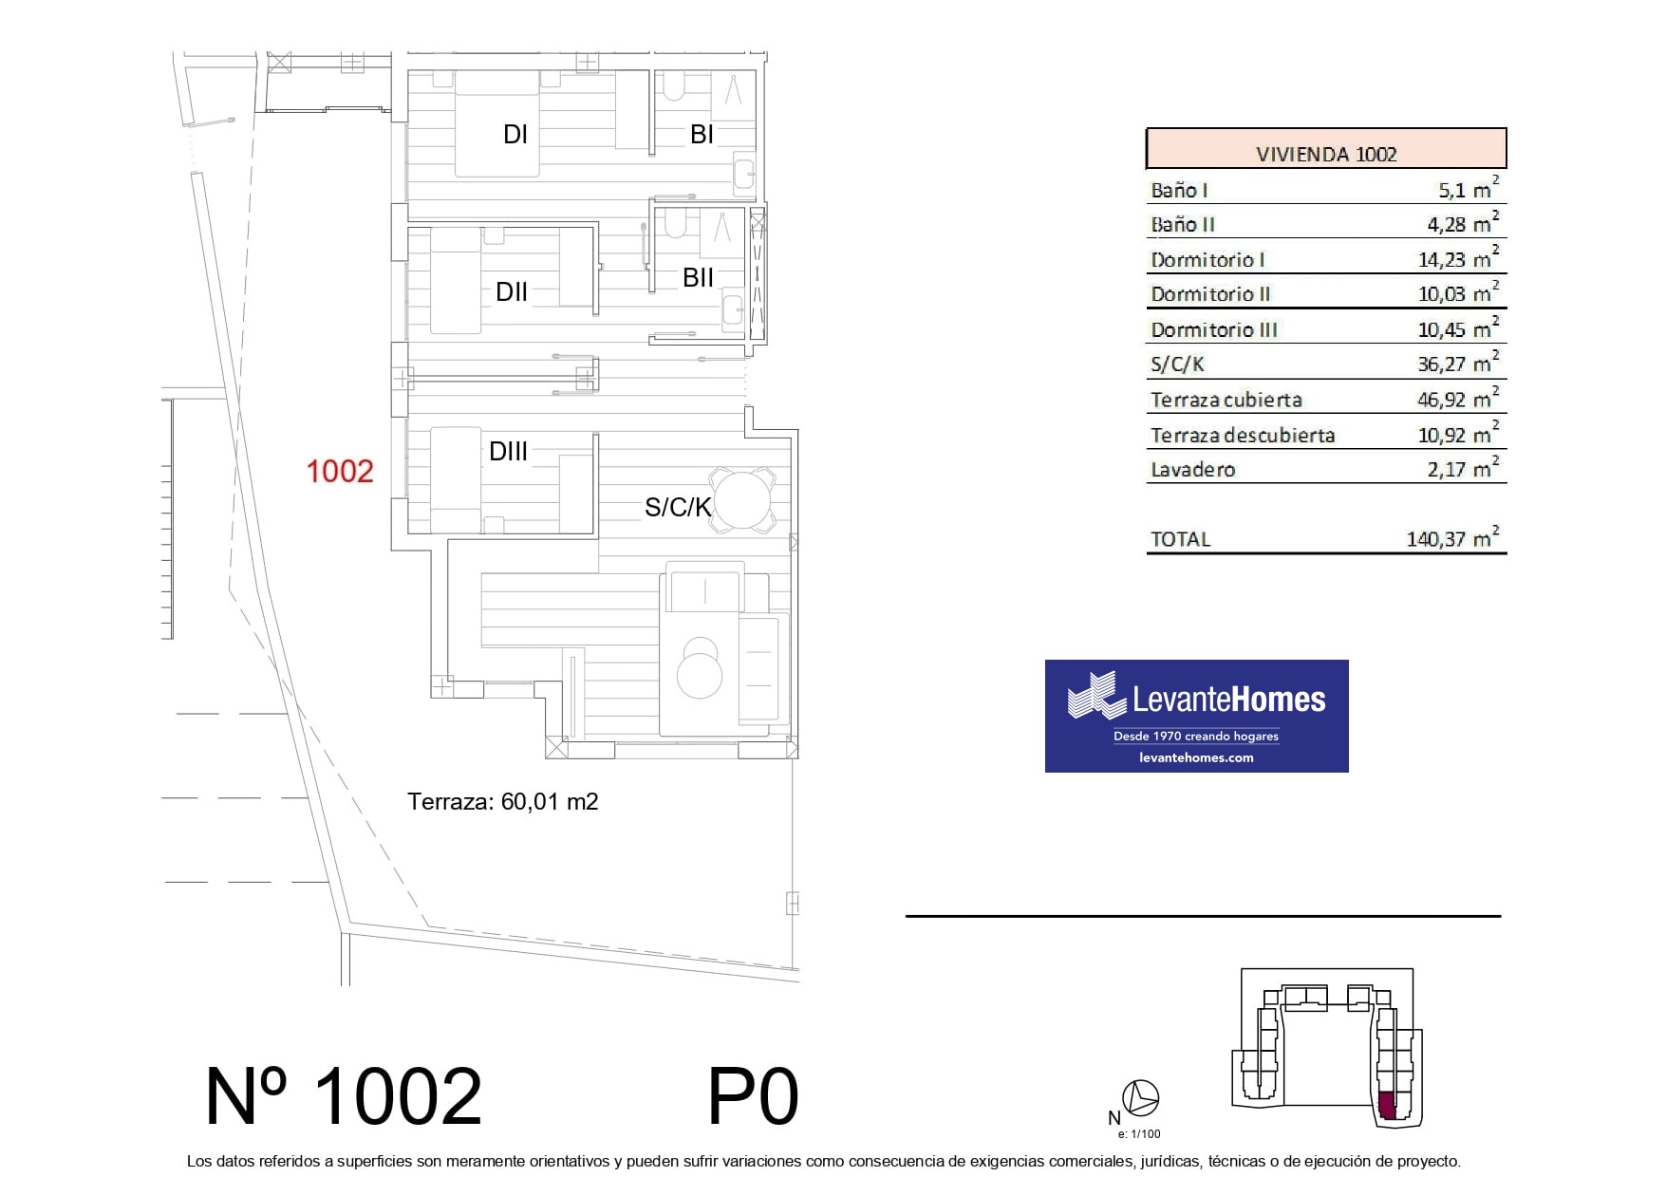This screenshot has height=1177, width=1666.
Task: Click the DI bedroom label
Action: coord(515,135)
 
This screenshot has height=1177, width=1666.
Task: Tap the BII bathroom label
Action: coord(698,278)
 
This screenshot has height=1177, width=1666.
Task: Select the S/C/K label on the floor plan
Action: coord(678,507)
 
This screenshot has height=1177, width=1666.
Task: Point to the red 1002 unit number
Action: coord(340,471)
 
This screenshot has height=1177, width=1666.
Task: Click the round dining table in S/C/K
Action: coord(742,500)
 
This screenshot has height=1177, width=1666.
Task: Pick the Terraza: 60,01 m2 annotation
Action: coord(503,802)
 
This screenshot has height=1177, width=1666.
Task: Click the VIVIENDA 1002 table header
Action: coord(1326,154)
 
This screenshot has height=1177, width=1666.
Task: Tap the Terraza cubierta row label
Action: coord(1226,400)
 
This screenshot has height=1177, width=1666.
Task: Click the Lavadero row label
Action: coord(1192,469)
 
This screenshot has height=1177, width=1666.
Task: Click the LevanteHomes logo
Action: coord(1196,716)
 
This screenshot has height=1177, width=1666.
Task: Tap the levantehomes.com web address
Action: coord(1196,757)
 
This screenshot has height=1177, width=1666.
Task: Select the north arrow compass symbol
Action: coord(1140,1098)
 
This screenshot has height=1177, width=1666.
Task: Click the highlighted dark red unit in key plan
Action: coord(1387,1106)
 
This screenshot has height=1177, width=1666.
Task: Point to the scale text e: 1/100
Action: coord(1139,1133)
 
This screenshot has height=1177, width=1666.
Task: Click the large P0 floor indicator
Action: coord(754,1096)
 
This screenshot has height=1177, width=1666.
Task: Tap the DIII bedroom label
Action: coord(508,452)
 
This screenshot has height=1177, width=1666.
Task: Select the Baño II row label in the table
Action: coord(1183,225)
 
